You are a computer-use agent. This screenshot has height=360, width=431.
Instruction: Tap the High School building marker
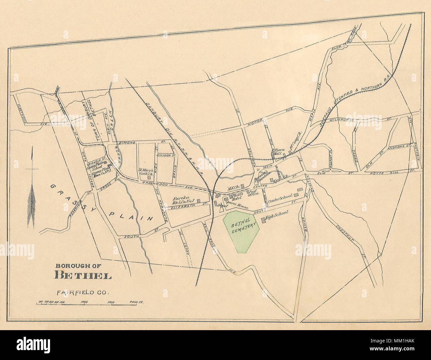point(264,220)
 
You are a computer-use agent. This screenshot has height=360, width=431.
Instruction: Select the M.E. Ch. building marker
point(242,186)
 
